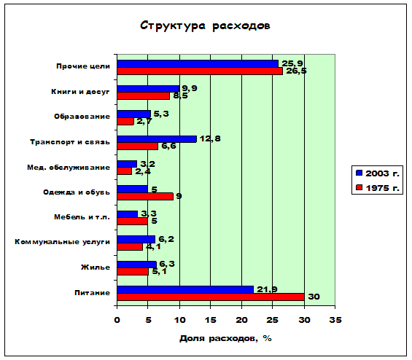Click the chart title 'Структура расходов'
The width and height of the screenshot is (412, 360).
pos(205,26)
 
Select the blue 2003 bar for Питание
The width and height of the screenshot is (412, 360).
pos(185,289)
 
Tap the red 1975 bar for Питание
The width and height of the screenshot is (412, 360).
pos(211,297)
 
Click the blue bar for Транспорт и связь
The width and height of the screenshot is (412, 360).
pos(157,139)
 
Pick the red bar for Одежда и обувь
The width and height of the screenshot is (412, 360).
pos(145,197)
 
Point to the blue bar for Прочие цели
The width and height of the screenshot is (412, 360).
pos(198,64)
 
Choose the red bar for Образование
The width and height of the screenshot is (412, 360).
pos(125,121)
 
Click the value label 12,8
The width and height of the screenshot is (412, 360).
pos(210,138)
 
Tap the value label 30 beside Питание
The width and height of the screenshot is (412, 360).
pos(314,297)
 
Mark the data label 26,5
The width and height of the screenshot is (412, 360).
pos(296,71)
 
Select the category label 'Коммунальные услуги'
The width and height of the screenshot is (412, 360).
pos(62,242)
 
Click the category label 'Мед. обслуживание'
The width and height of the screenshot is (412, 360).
pos(69,168)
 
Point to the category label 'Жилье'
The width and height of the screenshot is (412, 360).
pos(96,267)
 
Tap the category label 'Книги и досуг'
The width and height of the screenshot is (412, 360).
pos(80,92)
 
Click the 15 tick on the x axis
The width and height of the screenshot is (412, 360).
pos(210,320)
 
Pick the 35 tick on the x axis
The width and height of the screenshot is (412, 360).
pos(335,320)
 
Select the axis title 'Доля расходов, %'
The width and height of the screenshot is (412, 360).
pos(225,338)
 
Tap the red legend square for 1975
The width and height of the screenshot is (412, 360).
pos(359,187)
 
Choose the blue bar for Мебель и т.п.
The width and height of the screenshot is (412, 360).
pos(127,214)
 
